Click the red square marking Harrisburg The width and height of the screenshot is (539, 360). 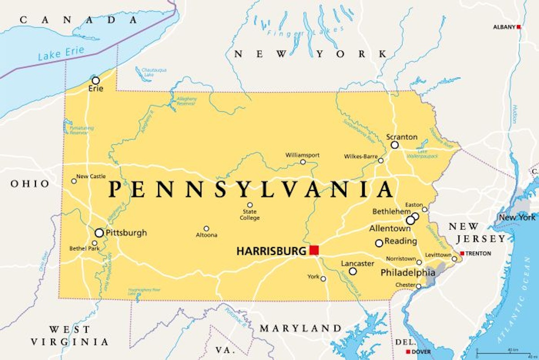pyautogui.click(x=314, y=250)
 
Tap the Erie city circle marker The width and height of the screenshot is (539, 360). pyautogui.click(x=96, y=80)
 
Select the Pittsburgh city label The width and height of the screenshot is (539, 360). pyautogui.click(x=126, y=233)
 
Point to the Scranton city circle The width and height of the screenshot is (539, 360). pyautogui.click(x=394, y=145)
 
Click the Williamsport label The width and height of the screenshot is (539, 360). pyautogui.click(x=303, y=155)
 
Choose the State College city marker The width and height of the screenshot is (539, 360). pyautogui.click(x=250, y=205)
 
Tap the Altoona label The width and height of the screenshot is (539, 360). pyautogui.click(x=207, y=235)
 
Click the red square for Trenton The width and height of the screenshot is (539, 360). pyautogui.click(x=462, y=253)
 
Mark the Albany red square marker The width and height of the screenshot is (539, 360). pyautogui.click(x=519, y=27)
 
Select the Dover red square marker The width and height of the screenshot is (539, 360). pyautogui.click(x=408, y=351)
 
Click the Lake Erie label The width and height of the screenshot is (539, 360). pyautogui.click(x=61, y=53)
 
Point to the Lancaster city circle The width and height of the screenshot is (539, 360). pyautogui.click(x=353, y=271)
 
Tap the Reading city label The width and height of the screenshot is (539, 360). pyautogui.click(x=401, y=241)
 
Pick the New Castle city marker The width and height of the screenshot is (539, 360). pyautogui.click(x=74, y=181)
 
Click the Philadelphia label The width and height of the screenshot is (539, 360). pyautogui.click(x=408, y=273)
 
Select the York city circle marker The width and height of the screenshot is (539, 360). pyautogui.click(x=323, y=279)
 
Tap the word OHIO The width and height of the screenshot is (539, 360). pyautogui.click(x=30, y=184)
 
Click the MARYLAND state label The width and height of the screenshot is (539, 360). pyautogui.click(x=300, y=328)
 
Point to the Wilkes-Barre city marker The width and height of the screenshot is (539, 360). pyautogui.click(x=381, y=160)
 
